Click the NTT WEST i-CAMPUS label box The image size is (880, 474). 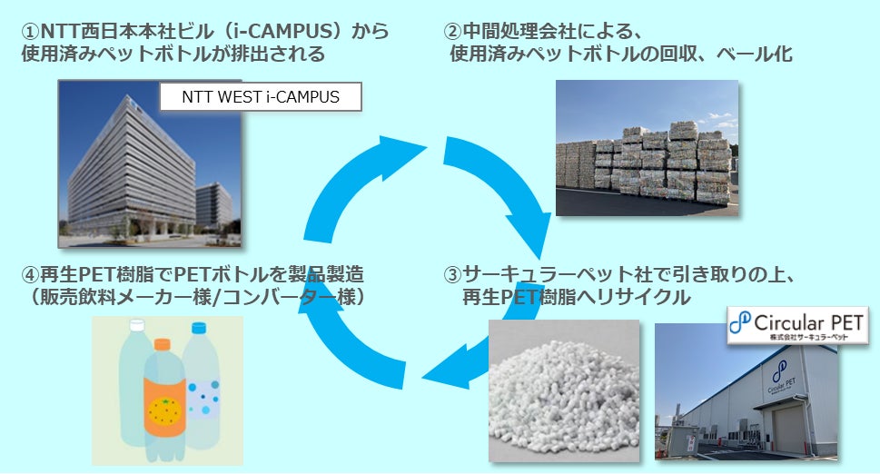261,96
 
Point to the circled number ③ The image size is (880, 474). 451,274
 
